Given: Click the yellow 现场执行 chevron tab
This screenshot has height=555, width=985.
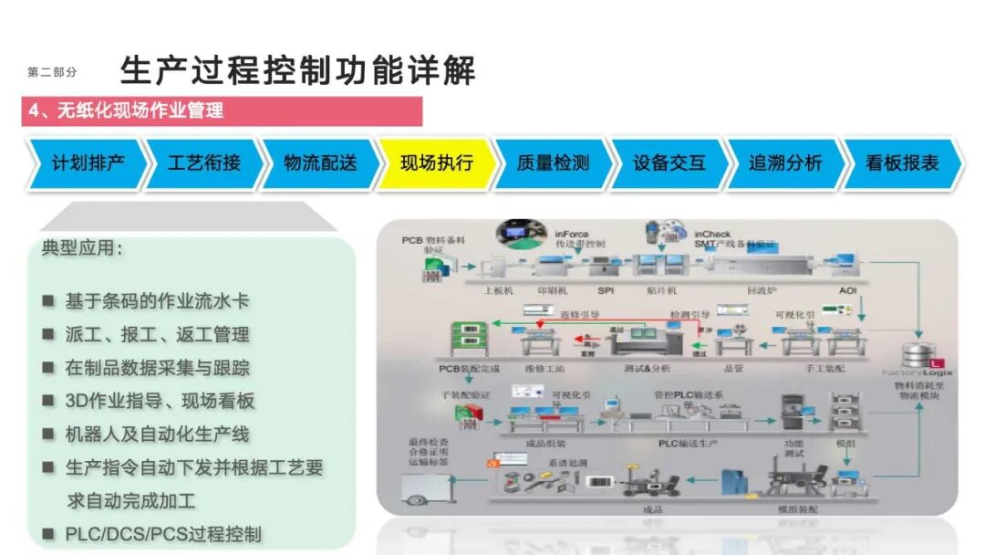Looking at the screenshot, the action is [437, 164].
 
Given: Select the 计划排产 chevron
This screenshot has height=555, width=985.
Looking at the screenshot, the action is [88, 164].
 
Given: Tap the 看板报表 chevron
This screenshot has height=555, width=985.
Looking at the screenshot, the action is [902, 164].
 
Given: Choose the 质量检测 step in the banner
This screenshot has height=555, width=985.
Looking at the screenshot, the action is [553, 164].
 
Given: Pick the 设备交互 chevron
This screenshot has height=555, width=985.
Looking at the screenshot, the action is [669, 164].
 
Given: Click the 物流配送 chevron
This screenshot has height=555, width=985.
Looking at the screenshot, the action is [320, 164].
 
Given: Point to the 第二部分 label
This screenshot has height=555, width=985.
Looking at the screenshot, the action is [53, 73].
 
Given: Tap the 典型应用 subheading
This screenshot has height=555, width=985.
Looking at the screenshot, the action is [82, 248].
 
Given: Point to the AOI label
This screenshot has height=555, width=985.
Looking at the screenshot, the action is [848, 291].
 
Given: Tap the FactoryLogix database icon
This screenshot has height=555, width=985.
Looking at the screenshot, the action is [916, 357].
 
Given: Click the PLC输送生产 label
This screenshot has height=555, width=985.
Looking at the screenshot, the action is [690, 442].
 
